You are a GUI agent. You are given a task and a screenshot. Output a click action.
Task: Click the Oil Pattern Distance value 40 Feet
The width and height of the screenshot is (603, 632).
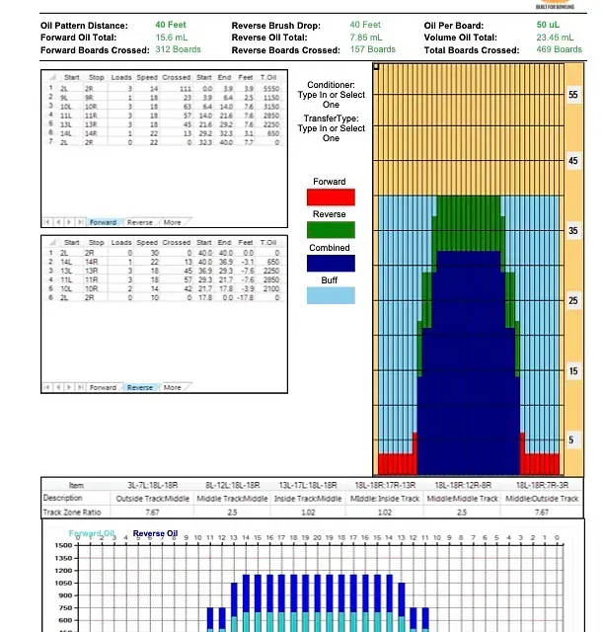(x=166, y=25)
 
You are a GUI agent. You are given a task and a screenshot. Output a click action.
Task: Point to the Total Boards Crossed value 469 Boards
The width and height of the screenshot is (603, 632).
(x=558, y=49)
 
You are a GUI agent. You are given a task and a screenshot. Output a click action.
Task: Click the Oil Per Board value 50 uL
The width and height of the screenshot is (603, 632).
(x=548, y=25)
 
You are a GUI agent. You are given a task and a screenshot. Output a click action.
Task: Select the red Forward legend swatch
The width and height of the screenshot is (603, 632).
(x=330, y=197)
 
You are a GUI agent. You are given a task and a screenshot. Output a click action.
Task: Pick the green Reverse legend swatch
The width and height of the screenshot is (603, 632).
(x=330, y=230)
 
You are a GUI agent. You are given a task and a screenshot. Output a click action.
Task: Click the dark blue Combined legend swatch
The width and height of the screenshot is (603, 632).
(x=330, y=263)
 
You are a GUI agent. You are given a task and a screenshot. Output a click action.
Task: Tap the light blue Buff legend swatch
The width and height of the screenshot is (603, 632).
(x=330, y=294)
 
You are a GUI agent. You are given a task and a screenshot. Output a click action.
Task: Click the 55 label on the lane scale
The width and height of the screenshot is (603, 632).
(x=572, y=95)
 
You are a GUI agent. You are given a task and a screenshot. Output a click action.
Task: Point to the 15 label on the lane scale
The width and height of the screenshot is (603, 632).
(x=572, y=371)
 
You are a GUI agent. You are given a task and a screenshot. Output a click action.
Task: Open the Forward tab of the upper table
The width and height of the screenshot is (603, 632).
(x=103, y=222)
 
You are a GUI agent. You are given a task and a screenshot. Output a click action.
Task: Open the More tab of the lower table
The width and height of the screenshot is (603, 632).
(x=173, y=388)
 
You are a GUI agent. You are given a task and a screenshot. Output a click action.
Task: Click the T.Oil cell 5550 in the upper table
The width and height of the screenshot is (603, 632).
(x=271, y=88)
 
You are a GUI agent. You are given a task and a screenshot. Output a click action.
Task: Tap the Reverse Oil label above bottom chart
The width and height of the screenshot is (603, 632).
(x=155, y=534)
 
